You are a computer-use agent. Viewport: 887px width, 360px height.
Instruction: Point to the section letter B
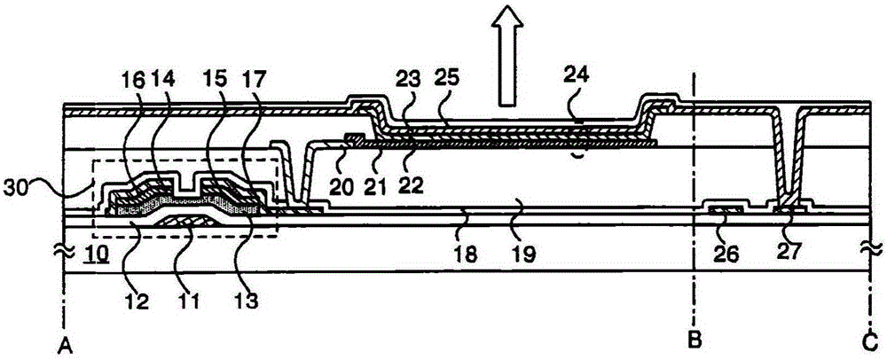click(694, 338)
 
